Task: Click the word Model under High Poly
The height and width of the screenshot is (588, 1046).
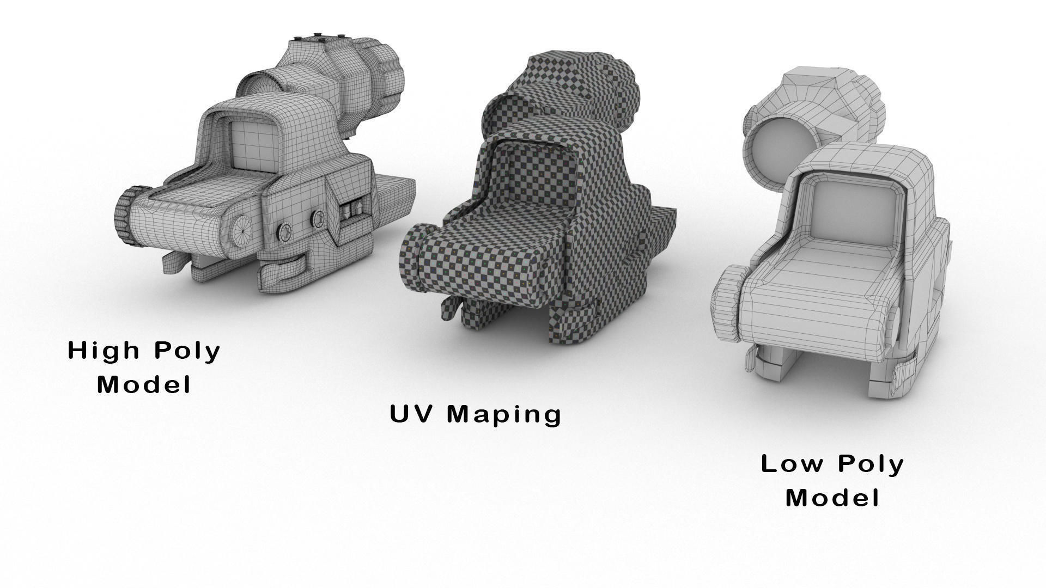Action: point(144,384)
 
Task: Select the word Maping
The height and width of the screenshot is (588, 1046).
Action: point(504,415)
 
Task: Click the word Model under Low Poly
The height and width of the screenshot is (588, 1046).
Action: point(832,498)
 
